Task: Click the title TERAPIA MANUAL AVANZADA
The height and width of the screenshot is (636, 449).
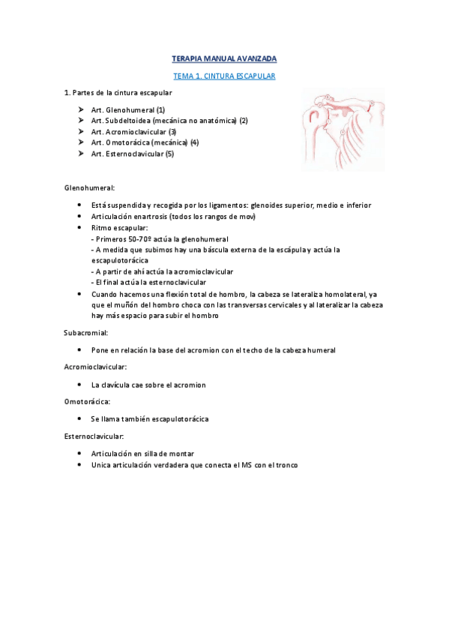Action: click(224, 58)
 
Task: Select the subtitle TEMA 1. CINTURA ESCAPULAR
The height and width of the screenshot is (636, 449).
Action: click(224, 76)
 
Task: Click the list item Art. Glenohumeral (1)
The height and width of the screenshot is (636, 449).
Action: click(127, 109)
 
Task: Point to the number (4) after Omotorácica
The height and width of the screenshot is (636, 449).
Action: click(194, 142)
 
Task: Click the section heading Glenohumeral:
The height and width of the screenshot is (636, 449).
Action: click(89, 187)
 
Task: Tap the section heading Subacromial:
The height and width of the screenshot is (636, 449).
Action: click(86, 331)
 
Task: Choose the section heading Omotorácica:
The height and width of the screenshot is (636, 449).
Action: click(87, 401)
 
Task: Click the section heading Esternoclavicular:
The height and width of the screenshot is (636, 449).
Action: click(94, 436)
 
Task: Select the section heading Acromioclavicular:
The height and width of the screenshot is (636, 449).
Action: click(96, 367)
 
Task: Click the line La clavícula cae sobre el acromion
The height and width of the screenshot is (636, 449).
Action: click(148, 385)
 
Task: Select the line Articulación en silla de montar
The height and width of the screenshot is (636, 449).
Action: click(142, 454)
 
